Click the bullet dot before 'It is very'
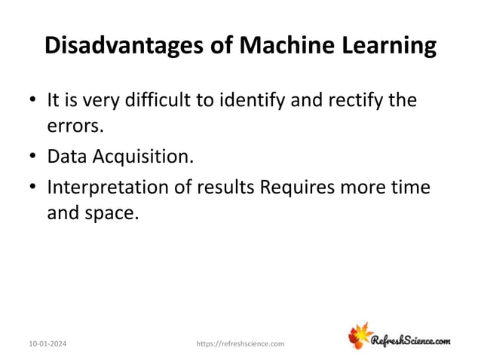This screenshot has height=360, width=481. click(x=32, y=101)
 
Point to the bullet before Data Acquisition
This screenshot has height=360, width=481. click(x=32, y=157)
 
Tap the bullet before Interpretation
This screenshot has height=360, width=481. click(x=32, y=186)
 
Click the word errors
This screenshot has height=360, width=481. click(x=74, y=127)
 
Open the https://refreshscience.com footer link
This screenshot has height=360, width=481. click(x=240, y=343)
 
